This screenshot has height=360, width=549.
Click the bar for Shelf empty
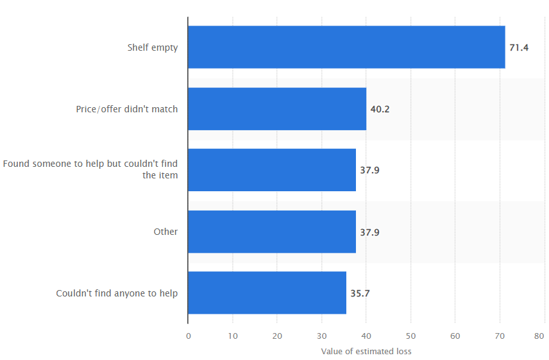[x=346, y=47]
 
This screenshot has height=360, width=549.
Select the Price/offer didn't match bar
[x=277, y=109]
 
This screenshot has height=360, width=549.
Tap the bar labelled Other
[x=272, y=232]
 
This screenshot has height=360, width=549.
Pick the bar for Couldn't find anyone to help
[x=267, y=293]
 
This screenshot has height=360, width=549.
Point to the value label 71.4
[x=519, y=47]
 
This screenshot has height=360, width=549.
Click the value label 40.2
[x=380, y=109]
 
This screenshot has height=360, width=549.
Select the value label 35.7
[x=360, y=293]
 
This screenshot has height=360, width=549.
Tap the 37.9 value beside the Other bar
[x=369, y=232]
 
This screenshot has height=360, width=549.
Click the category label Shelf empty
[x=153, y=47]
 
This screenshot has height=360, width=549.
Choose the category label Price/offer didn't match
[x=127, y=109]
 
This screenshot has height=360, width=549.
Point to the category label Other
[x=165, y=232]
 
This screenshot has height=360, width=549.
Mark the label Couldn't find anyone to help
[x=117, y=293]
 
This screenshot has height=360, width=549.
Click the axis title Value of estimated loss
[x=366, y=351]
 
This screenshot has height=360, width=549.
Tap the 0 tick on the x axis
[x=189, y=336]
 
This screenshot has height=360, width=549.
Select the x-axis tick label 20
[x=277, y=336]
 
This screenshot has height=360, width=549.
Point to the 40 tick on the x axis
[x=366, y=336]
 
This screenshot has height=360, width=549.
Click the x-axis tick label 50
[x=410, y=336]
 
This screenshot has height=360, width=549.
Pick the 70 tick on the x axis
[x=500, y=336]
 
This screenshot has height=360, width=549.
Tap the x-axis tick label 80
[x=539, y=336]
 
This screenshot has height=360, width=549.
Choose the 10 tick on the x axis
[x=233, y=336]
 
